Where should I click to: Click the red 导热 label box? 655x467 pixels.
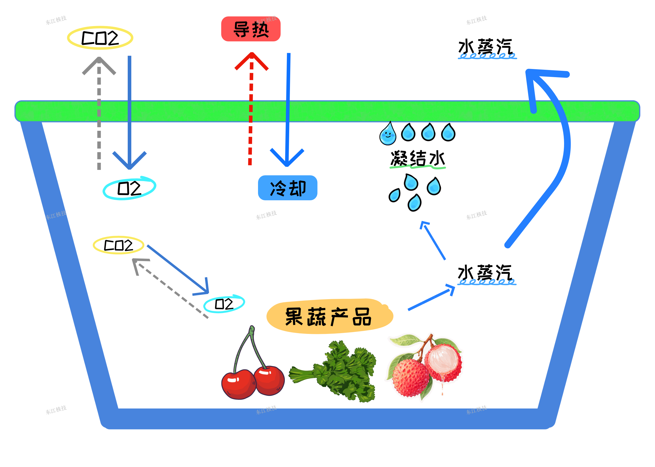[x=250, y=29]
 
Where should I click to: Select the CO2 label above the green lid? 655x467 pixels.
[x=100, y=38]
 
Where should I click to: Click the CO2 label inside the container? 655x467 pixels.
[x=118, y=245]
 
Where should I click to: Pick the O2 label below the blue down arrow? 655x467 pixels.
[x=129, y=188]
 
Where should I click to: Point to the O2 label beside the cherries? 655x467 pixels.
[x=224, y=304]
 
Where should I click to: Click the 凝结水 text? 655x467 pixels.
[x=417, y=158]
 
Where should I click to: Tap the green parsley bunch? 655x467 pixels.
[x=336, y=371]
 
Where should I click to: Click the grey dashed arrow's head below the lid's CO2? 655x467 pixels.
[x=99, y=65]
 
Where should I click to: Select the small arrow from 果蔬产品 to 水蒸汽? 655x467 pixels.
[x=431, y=298]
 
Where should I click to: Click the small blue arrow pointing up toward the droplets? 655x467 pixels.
[x=433, y=240]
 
